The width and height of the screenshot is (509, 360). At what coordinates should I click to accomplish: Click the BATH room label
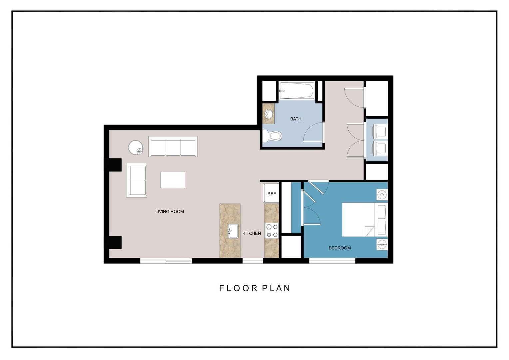pos(295,119)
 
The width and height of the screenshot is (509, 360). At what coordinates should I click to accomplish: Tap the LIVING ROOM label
pos(169,212)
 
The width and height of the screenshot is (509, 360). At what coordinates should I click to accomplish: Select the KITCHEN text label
pos(252,233)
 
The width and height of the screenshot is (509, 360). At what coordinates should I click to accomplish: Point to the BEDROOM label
pos(339,248)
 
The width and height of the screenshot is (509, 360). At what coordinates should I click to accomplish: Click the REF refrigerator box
pos(271,193)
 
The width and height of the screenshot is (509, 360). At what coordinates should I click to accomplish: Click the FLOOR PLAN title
pos(254,288)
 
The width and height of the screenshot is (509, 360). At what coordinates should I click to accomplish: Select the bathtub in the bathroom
pos(296,91)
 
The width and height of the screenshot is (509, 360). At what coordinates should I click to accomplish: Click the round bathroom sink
pos(268,114)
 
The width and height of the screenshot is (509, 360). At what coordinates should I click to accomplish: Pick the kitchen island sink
pos(233,231)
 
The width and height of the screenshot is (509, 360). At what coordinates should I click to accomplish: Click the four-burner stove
pos(272,231)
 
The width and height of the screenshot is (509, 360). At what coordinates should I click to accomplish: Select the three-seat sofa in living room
pos(173,147)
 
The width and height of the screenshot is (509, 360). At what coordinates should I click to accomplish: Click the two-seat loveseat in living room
pos(137,180)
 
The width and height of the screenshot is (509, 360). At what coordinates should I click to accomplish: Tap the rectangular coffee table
pos(173,180)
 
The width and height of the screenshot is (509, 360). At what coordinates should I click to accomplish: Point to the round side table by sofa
pos(136,147)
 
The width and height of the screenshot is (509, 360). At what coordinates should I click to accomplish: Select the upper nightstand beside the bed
pos(382,195)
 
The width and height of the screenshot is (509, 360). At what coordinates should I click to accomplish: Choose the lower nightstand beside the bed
pos(382,244)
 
